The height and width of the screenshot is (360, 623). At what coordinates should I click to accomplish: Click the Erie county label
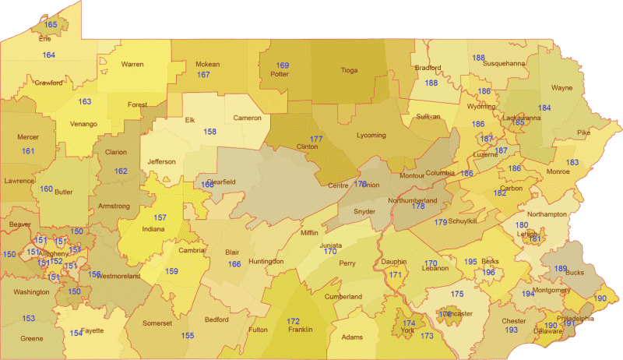(x=45, y=37)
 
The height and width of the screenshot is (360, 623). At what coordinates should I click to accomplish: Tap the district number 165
(x=51, y=26)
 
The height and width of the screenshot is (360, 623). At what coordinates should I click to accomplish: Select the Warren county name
(x=132, y=64)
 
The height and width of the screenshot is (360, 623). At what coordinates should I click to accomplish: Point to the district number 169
(x=283, y=65)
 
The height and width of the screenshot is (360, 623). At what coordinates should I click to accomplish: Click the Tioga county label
(x=348, y=70)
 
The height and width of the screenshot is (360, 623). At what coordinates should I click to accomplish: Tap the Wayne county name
(x=561, y=88)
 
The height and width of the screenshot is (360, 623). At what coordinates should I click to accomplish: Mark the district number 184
(x=544, y=108)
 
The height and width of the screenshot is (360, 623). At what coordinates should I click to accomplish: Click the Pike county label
(x=605, y=132)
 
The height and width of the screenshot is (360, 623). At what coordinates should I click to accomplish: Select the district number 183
(x=572, y=162)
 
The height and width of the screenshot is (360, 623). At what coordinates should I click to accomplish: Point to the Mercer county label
(x=27, y=137)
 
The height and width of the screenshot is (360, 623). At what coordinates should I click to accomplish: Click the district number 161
(x=28, y=151)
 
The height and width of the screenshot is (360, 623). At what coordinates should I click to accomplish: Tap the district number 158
(x=209, y=132)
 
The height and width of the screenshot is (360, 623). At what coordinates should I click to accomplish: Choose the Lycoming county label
(x=370, y=135)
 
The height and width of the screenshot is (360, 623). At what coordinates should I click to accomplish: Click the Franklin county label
(x=300, y=330)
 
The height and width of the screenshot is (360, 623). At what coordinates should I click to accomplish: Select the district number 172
(x=293, y=321)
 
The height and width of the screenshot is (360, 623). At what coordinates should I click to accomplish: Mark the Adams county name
(x=353, y=337)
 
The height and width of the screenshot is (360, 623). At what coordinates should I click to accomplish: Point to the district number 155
(x=188, y=336)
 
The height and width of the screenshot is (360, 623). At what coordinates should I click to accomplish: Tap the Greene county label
(x=32, y=338)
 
